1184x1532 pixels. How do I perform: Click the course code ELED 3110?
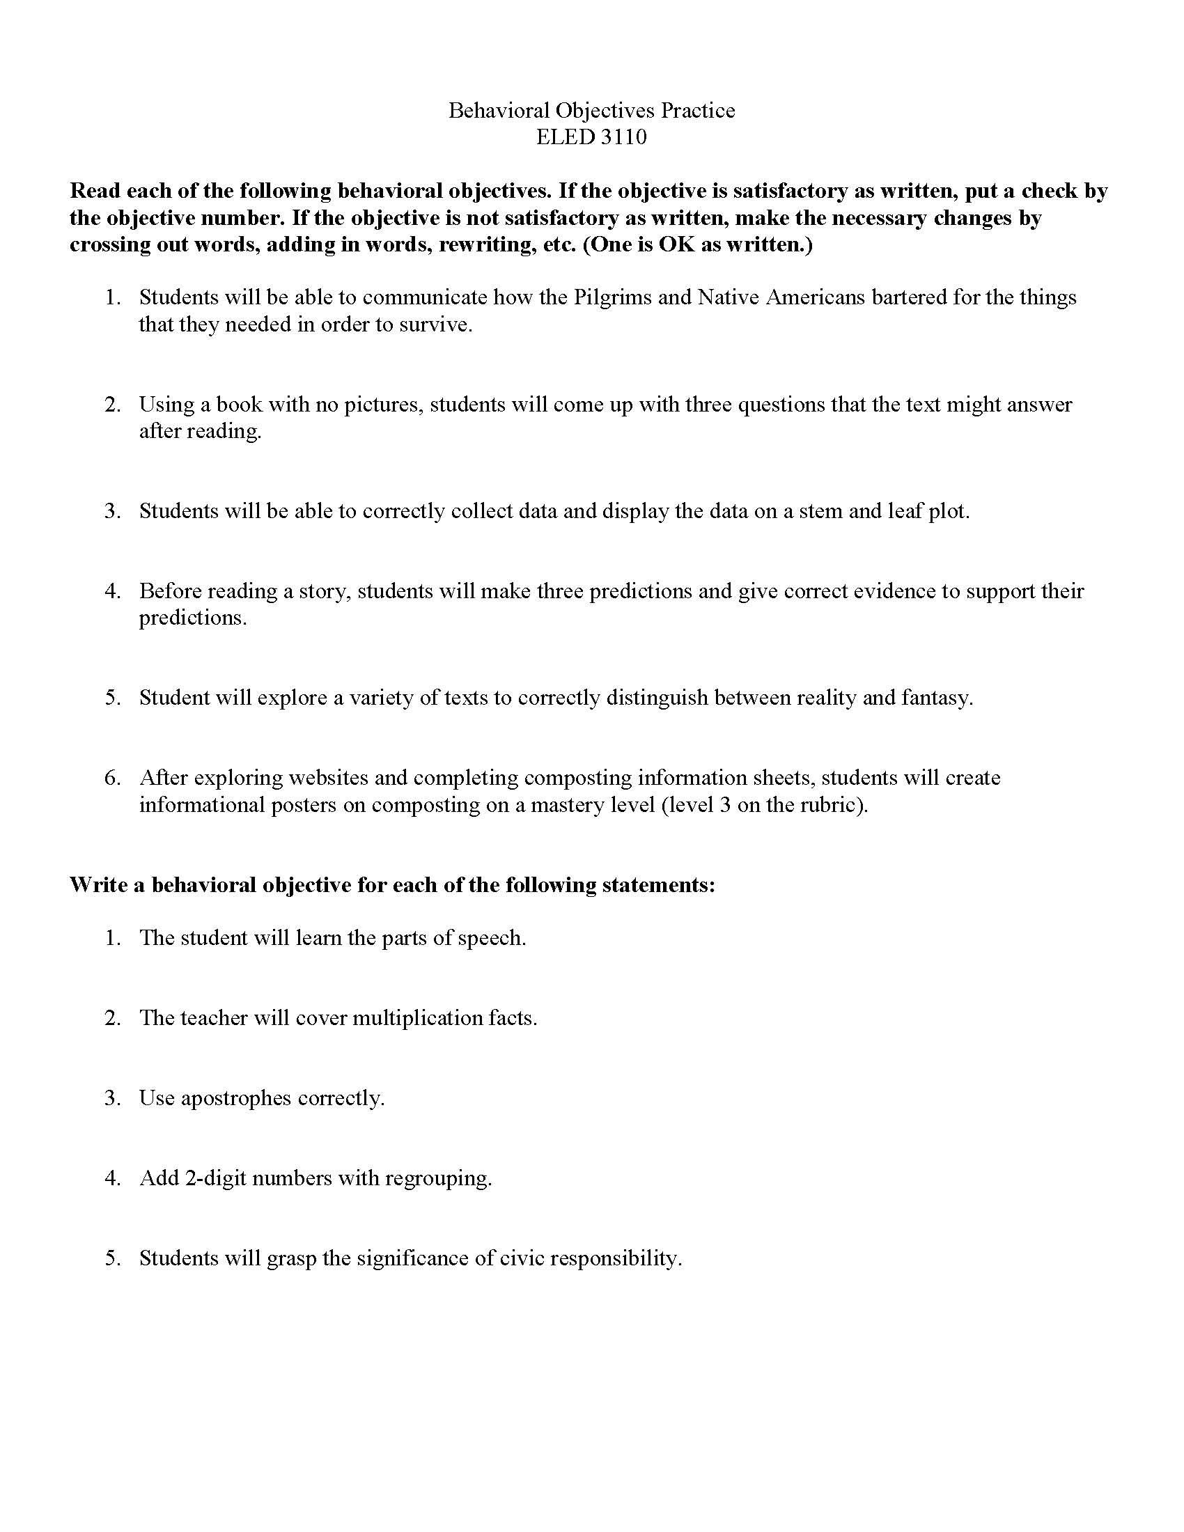click(591, 136)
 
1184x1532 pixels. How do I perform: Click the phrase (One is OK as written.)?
click(698, 245)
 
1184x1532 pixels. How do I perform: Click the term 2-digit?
click(215, 1177)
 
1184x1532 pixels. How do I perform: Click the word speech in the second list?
click(491, 938)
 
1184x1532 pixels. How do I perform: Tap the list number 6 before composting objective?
click(112, 777)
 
